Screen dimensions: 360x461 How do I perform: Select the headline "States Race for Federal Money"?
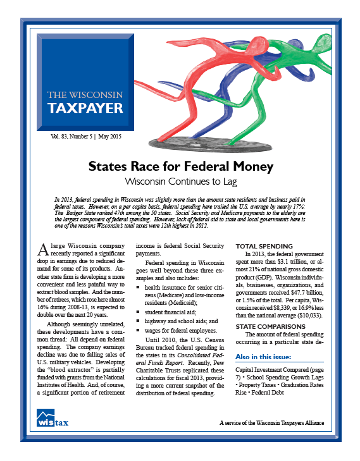pos(180,168)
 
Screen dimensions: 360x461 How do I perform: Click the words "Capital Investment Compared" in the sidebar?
pos(270,369)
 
